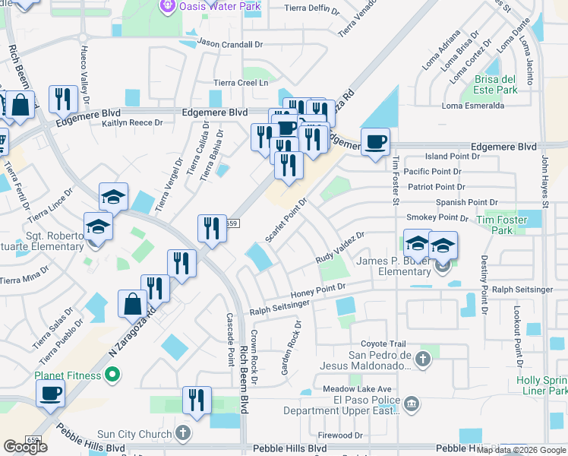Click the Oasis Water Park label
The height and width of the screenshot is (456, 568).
(x=219, y=6)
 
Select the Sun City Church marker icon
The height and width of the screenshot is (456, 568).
(x=182, y=434)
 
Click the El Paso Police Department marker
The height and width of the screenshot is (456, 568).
(x=411, y=403)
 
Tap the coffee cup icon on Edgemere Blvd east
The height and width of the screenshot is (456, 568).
(x=375, y=141)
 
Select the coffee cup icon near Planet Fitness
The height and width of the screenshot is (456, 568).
(x=51, y=393)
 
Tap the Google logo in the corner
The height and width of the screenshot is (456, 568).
(x=25, y=447)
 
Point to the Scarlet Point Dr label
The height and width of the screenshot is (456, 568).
(x=286, y=221)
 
